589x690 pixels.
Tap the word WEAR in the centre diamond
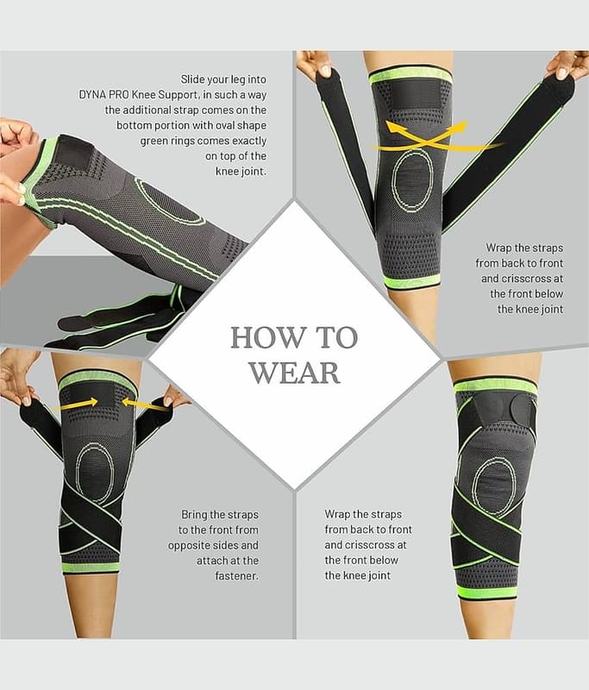pyautogui.click(x=295, y=373)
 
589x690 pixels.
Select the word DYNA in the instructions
pyautogui.click(x=91, y=95)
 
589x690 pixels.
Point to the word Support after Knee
pyautogui.click(x=179, y=95)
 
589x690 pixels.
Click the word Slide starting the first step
pyautogui.click(x=192, y=79)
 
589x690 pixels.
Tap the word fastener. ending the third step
pyautogui.click(x=236, y=575)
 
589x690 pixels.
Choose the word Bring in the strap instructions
pyautogui.click(x=194, y=515)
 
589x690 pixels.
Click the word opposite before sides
pyautogui.click(x=189, y=546)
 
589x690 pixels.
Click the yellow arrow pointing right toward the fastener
pyautogui.click(x=78, y=404)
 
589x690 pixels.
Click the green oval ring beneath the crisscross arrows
pyautogui.click(x=394, y=180)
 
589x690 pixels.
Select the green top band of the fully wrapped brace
pyautogui.click(x=495, y=386)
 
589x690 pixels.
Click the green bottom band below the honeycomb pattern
pyautogui.click(x=412, y=281)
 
